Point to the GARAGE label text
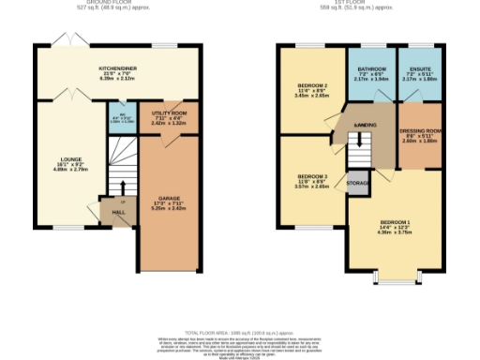[x=169, y=202]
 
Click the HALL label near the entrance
[x=118, y=213]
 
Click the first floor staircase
[x=356, y=150]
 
